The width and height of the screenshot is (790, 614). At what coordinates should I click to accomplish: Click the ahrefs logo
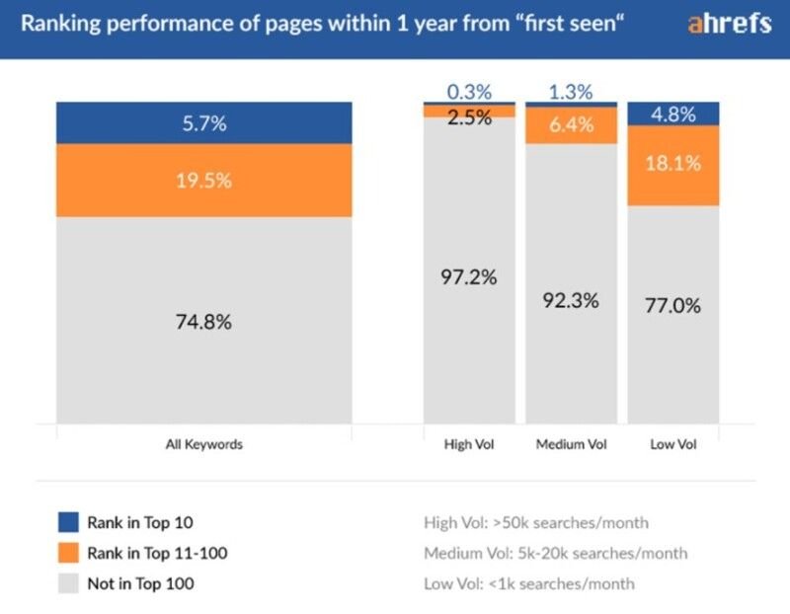pos(729,26)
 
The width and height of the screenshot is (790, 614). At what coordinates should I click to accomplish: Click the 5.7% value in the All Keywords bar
pos(203,123)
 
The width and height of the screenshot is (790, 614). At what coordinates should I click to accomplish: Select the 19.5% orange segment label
pos(203,181)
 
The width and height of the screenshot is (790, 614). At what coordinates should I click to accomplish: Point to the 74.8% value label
pos(203,322)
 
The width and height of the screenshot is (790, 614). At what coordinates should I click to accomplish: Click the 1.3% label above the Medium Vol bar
pos(570,92)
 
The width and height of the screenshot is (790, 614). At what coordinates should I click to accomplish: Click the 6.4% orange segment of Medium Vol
pos(571,124)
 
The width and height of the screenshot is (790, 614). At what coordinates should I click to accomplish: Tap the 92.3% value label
pos(571,300)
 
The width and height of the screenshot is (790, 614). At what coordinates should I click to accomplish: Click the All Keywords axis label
pos(203,444)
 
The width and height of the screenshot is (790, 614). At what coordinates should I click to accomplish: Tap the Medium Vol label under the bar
pos(570,444)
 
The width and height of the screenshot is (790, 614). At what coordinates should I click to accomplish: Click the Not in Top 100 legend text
pos(141,583)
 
